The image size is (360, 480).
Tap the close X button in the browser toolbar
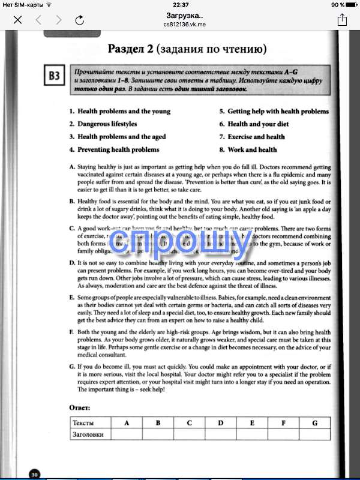(x=17, y=20)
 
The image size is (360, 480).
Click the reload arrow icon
(x=80, y=20)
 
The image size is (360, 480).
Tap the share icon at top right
(x=342, y=20)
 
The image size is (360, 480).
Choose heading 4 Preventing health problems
(x=114, y=149)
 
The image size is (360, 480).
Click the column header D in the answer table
(x=221, y=423)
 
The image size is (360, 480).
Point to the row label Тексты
(x=83, y=423)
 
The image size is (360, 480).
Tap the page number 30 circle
(x=35, y=475)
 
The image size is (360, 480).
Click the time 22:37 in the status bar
(x=180, y=5)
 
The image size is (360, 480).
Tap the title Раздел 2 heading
(x=187, y=48)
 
